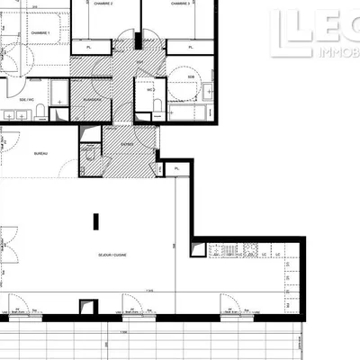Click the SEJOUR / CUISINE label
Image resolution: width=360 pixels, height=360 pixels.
(113, 255)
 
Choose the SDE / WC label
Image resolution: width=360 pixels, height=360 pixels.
(22, 100)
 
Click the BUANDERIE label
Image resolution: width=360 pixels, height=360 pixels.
(91, 101)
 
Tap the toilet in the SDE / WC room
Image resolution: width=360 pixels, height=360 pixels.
(41, 112)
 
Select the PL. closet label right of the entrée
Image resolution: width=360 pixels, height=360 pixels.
(177, 168)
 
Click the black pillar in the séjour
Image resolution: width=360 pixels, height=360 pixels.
(97, 225)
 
